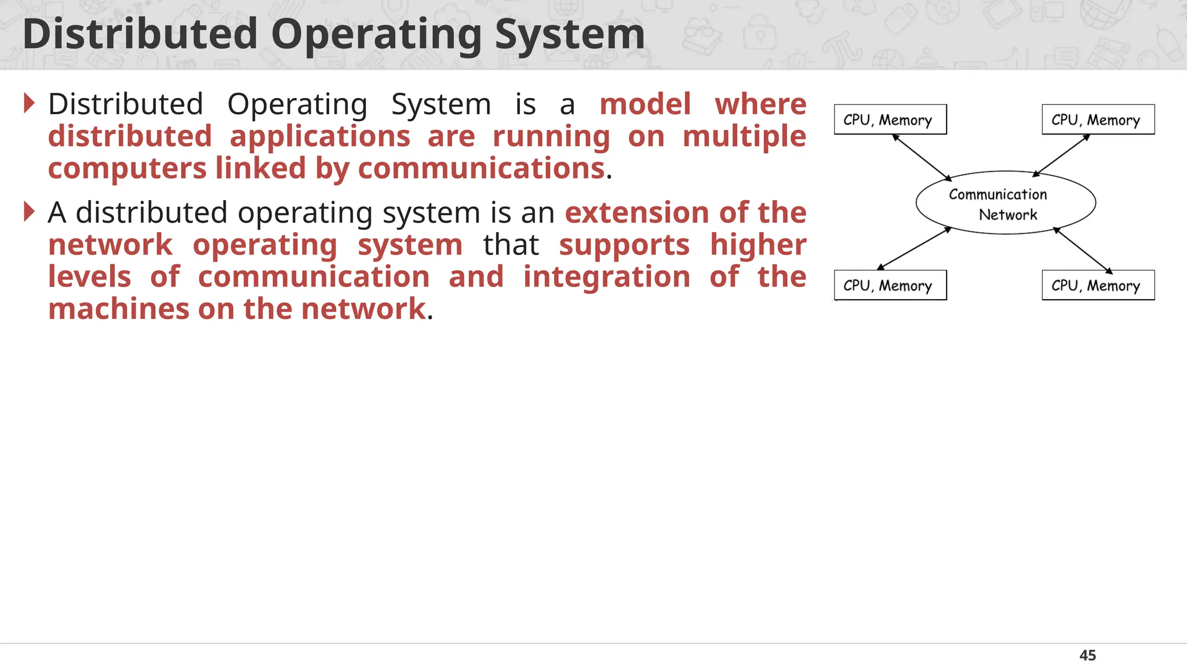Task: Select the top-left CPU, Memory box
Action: pos(890,119)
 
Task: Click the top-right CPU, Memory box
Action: pos(1098,119)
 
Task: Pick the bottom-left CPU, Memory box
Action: pos(890,285)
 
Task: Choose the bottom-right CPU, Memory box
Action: pos(1098,285)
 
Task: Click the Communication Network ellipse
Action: pos(1006,203)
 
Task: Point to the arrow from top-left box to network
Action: pos(922,157)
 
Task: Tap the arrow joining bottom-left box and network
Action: pos(914,249)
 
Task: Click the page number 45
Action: pos(1087,655)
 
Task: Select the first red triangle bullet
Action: pos(30,103)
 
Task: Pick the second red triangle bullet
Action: pos(30,212)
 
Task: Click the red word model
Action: pos(645,104)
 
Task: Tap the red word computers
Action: pos(127,169)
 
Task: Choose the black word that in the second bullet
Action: pos(511,245)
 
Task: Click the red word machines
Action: pos(118,309)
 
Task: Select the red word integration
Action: pos(606,277)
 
